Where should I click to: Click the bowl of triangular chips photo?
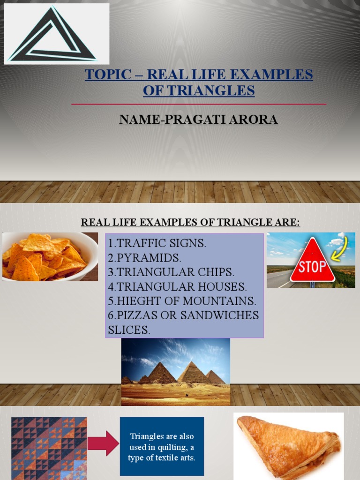tap(50, 257)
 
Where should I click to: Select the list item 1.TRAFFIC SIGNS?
tap(157, 244)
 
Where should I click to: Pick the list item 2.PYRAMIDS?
tap(144, 258)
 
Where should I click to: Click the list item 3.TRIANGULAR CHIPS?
tap(171, 272)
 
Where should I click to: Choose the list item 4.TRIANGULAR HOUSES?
tap(177, 286)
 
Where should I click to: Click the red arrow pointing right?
tap(103, 443)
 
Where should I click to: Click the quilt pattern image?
tap(49, 448)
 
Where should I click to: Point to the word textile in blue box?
tap(164, 457)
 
